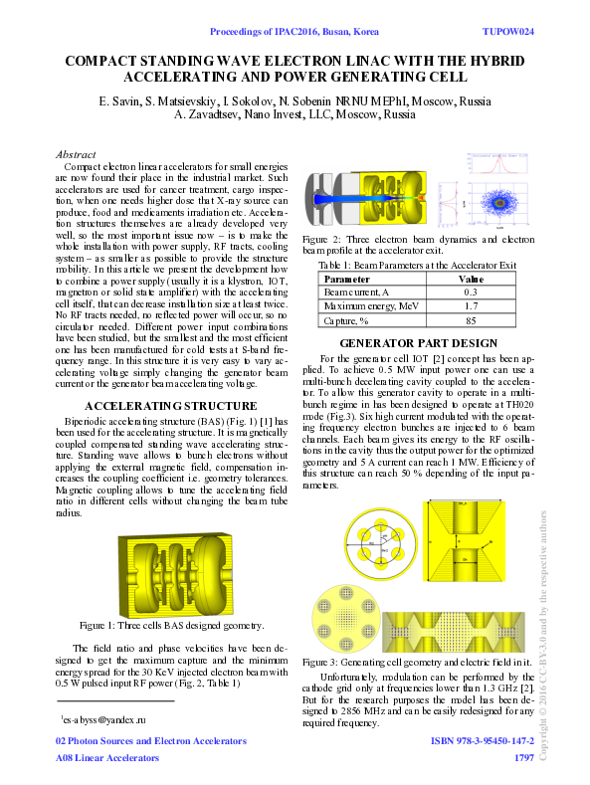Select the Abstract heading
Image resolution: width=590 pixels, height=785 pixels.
[77, 155]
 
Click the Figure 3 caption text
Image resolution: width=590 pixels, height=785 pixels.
[417, 662]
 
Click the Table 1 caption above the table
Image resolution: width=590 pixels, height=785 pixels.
[417, 267]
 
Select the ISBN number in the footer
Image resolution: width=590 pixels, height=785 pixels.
[482, 741]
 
